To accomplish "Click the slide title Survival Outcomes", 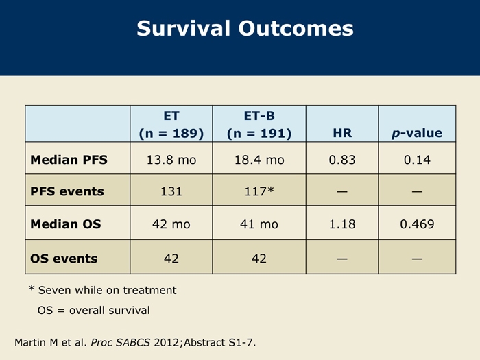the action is tap(245, 29).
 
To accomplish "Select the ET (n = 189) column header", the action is tap(171, 125).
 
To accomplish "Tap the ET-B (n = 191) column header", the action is tap(259, 125).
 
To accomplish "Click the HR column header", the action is tap(342, 133).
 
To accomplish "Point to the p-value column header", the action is tap(417, 133).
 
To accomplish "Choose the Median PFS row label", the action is tap(69, 160).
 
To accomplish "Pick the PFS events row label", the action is tap(67, 191).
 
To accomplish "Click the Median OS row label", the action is tap(66, 224).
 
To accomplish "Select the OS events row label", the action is tap(64, 259).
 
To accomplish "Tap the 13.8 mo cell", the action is tap(171, 160).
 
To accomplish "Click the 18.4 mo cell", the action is tap(259, 160).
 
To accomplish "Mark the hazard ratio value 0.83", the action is tap(342, 160).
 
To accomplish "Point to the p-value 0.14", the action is tap(417, 160).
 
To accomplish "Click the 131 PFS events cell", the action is tap(171, 191).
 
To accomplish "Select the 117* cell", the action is tap(259, 191).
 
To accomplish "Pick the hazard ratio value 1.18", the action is tap(342, 224).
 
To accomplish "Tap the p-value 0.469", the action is tap(417, 224).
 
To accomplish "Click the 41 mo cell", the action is tap(259, 224).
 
